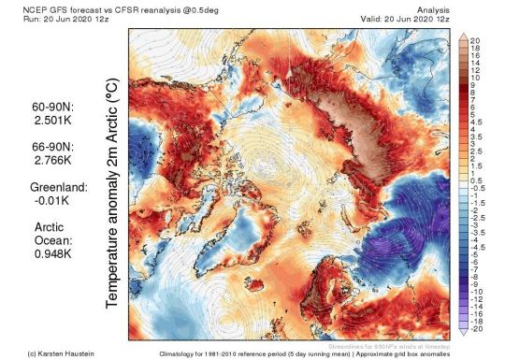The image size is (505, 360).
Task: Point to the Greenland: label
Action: click(59, 187)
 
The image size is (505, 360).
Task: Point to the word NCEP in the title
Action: click(18, 7)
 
